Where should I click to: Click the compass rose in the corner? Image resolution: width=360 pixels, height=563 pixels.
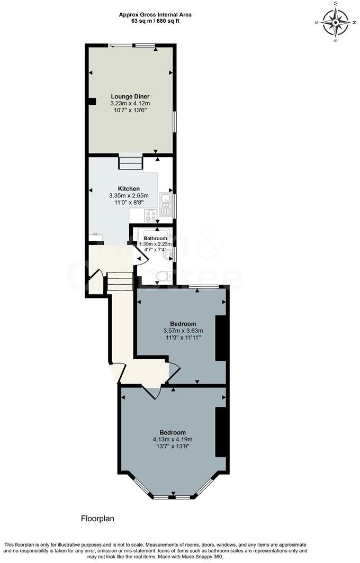pos(335,22)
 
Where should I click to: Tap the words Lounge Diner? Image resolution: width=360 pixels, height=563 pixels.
pos(130,96)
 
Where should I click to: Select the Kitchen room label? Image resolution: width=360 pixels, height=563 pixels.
pos(129,188)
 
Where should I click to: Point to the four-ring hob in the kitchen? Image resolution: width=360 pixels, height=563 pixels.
pos(150,215)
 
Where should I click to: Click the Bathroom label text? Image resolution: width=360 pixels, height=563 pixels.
pos(155,239)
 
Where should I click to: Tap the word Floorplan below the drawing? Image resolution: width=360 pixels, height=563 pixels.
pos(97,519)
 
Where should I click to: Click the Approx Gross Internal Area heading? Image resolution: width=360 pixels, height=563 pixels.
pos(155,15)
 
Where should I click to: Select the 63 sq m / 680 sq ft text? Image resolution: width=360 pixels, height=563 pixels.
pos(155,21)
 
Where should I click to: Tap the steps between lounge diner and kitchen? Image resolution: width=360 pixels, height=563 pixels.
pos(130,162)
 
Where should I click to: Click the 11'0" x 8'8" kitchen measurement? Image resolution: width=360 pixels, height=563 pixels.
pos(129,202)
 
